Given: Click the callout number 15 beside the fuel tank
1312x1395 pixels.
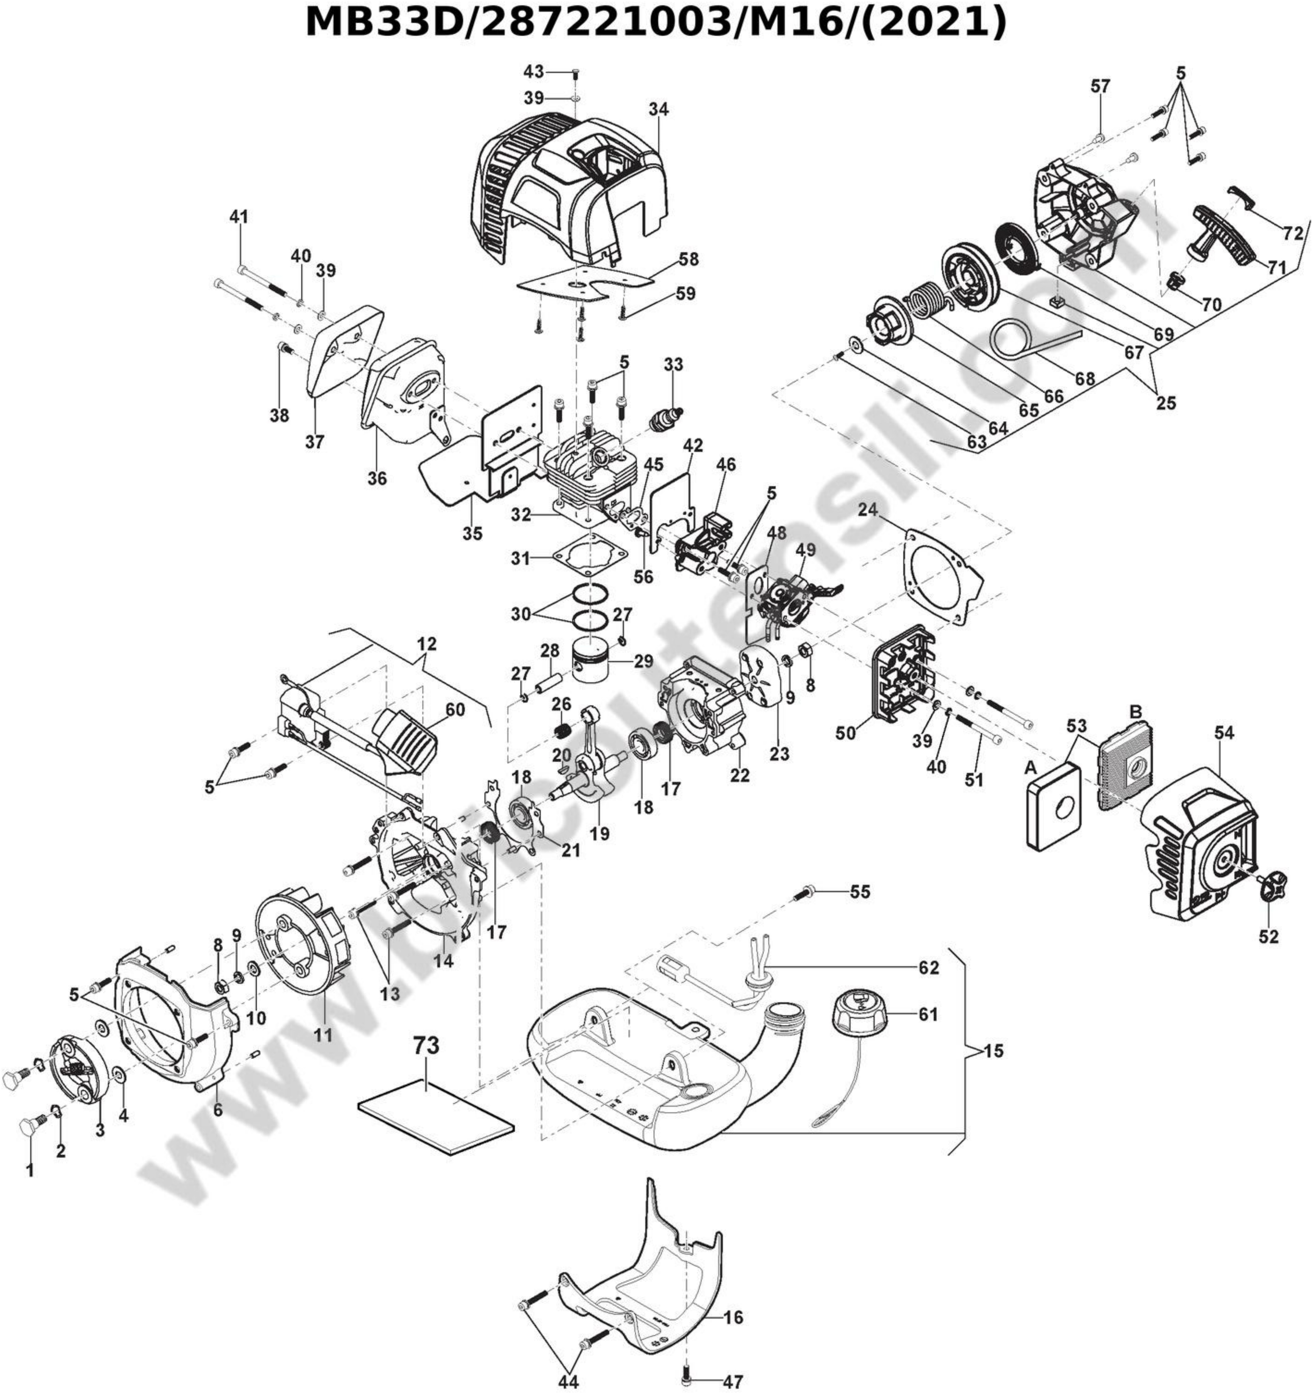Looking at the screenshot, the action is point(993,1051).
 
